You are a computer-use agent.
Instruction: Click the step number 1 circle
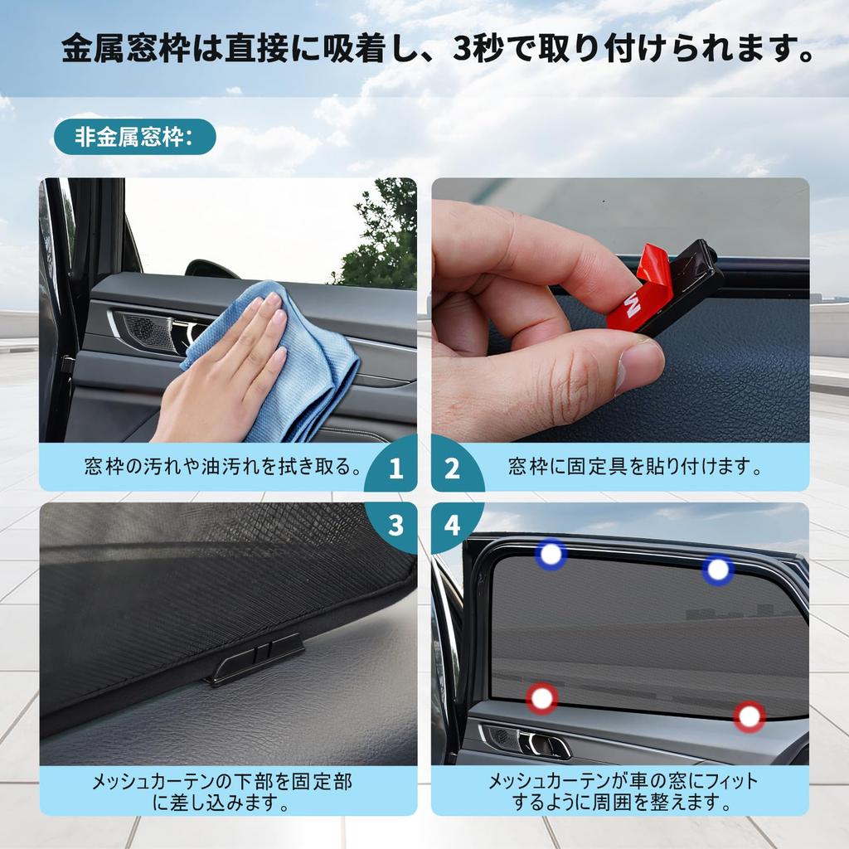(395, 469)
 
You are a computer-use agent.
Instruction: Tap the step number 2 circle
(452, 469)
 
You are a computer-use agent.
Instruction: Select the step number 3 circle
(395, 525)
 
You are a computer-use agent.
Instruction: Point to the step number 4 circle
(452, 525)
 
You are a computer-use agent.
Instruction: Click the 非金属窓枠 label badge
(134, 138)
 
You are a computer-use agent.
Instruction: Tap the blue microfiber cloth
(290, 365)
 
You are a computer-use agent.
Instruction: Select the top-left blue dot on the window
(551, 555)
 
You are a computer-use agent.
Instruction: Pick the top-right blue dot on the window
(718, 570)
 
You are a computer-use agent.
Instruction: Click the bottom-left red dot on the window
(541, 698)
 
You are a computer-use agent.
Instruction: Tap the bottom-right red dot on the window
(750, 716)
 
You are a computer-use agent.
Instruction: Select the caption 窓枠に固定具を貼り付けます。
(635, 467)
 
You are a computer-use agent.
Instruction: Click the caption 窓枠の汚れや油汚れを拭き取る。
(224, 467)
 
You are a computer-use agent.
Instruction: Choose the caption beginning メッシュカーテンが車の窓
(622, 792)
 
